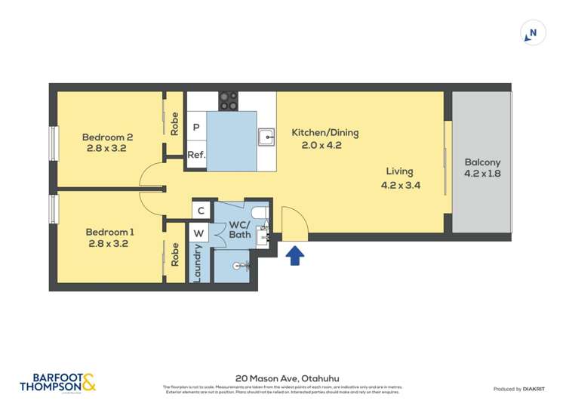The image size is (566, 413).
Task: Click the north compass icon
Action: click(x=533, y=33)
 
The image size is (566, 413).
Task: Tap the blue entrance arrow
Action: click(x=295, y=255)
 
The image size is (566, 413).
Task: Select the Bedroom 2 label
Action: click(x=107, y=137)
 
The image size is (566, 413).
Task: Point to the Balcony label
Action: click(x=481, y=162)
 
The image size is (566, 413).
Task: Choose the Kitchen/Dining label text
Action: click(x=325, y=133)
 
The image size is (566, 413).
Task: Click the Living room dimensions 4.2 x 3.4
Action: click(x=400, y=183)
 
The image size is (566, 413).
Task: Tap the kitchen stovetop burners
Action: click(x=228, y=101)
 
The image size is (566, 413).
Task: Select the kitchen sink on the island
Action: click(x=266, y=137)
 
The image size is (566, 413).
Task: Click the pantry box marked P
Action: click(x=196, y=128)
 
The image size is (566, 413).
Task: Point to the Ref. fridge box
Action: click(x=196, y=155)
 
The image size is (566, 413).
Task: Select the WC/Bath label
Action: click(x=240, y=230)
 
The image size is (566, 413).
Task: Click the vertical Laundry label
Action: click(x=198, y=262)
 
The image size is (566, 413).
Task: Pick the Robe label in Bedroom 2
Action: click(x=174, y=124)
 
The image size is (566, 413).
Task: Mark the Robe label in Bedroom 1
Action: click(x=174, y=253)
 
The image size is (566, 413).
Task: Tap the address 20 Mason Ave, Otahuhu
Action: click(x=282, y=378)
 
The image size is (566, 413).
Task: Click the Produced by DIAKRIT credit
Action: click(x=520, y=389)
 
